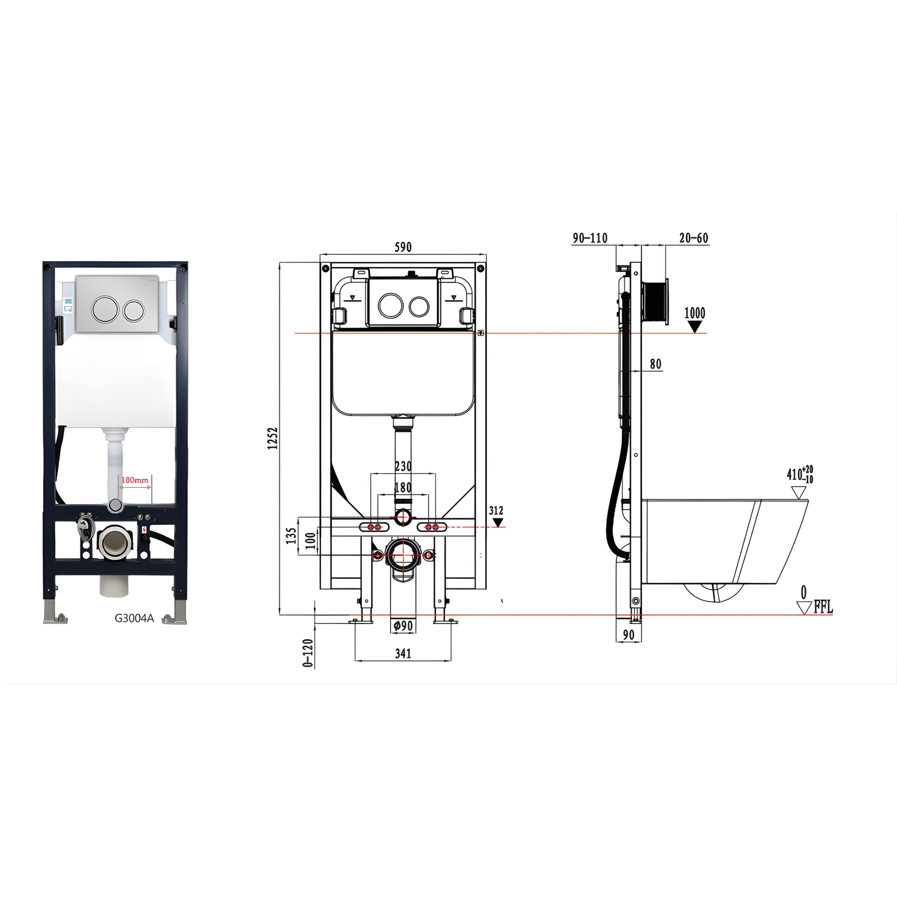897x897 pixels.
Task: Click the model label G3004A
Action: (134, 618)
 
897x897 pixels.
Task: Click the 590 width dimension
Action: (403, 247)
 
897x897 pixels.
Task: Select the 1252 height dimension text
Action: (272, 438)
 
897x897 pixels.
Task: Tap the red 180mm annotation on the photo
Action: (134, 480)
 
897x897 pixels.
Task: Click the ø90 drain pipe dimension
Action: (403, 626)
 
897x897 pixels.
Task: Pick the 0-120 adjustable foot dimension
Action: (308, 653)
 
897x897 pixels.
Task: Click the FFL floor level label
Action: (823, 607)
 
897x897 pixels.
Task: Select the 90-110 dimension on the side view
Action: (590, 238)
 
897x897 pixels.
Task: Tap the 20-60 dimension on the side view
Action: (694, 238)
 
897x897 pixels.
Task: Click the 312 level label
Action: (496, 511)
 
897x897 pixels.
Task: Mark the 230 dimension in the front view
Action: (403, 466)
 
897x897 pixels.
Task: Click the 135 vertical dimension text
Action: (291, 535)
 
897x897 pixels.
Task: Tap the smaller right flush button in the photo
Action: (134, 310)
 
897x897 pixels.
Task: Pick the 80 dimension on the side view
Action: (655, 364)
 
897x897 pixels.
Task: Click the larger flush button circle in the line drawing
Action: (390, 304)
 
